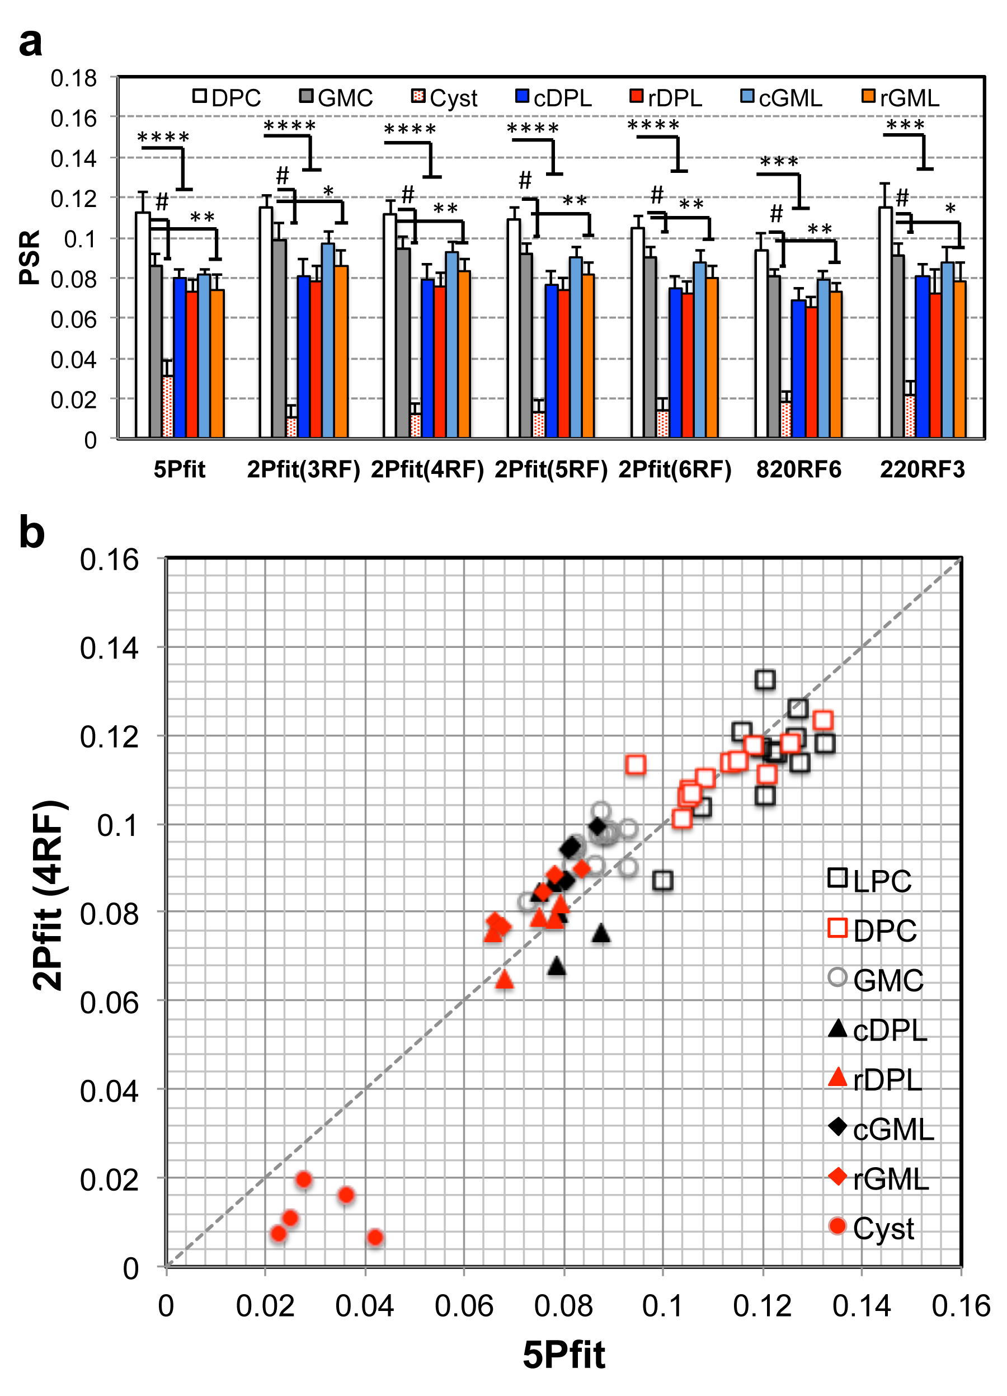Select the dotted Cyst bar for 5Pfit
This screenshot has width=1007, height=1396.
tap(167, 406)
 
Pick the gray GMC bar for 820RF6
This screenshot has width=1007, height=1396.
tap(774, 357)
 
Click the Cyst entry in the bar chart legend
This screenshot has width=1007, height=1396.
tap(445, 98)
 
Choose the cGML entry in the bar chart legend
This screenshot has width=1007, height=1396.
tap(782, 98)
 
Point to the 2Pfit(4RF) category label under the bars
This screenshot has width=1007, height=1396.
tap(427, 469)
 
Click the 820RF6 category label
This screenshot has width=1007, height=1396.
tap(798, 469)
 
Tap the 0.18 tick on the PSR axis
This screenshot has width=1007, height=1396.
tap(74, 78)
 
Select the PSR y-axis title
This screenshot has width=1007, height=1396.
tap(30, 257)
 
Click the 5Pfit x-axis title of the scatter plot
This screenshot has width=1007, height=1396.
tap(564, 1354)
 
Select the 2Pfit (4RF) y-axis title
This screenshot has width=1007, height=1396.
tap(48, 896)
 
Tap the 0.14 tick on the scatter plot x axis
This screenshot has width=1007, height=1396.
tap(861, 1305)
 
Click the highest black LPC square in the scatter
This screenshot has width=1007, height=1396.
tap(765, 679)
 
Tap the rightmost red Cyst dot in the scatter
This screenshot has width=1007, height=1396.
tap(375, 1237)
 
